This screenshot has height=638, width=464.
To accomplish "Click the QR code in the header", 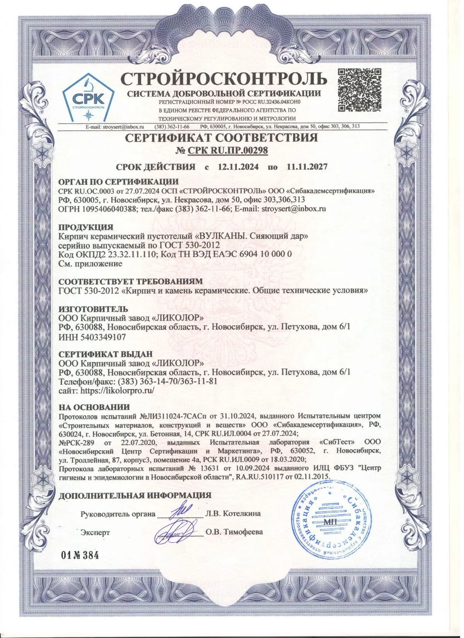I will [360, 89].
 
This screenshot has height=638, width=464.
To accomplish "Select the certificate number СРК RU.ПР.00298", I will [227, 151].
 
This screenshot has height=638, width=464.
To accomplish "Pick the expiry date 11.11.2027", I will [307, 167].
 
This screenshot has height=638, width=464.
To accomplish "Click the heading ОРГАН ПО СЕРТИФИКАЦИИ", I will [118, 182].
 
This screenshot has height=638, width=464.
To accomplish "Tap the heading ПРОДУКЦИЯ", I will [85, 227].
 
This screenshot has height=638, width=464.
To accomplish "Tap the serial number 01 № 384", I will [80, 556].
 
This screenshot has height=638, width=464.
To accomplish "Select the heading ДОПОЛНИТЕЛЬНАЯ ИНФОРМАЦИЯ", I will [135, 495].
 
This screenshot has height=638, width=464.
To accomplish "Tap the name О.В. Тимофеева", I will [234, 532].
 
